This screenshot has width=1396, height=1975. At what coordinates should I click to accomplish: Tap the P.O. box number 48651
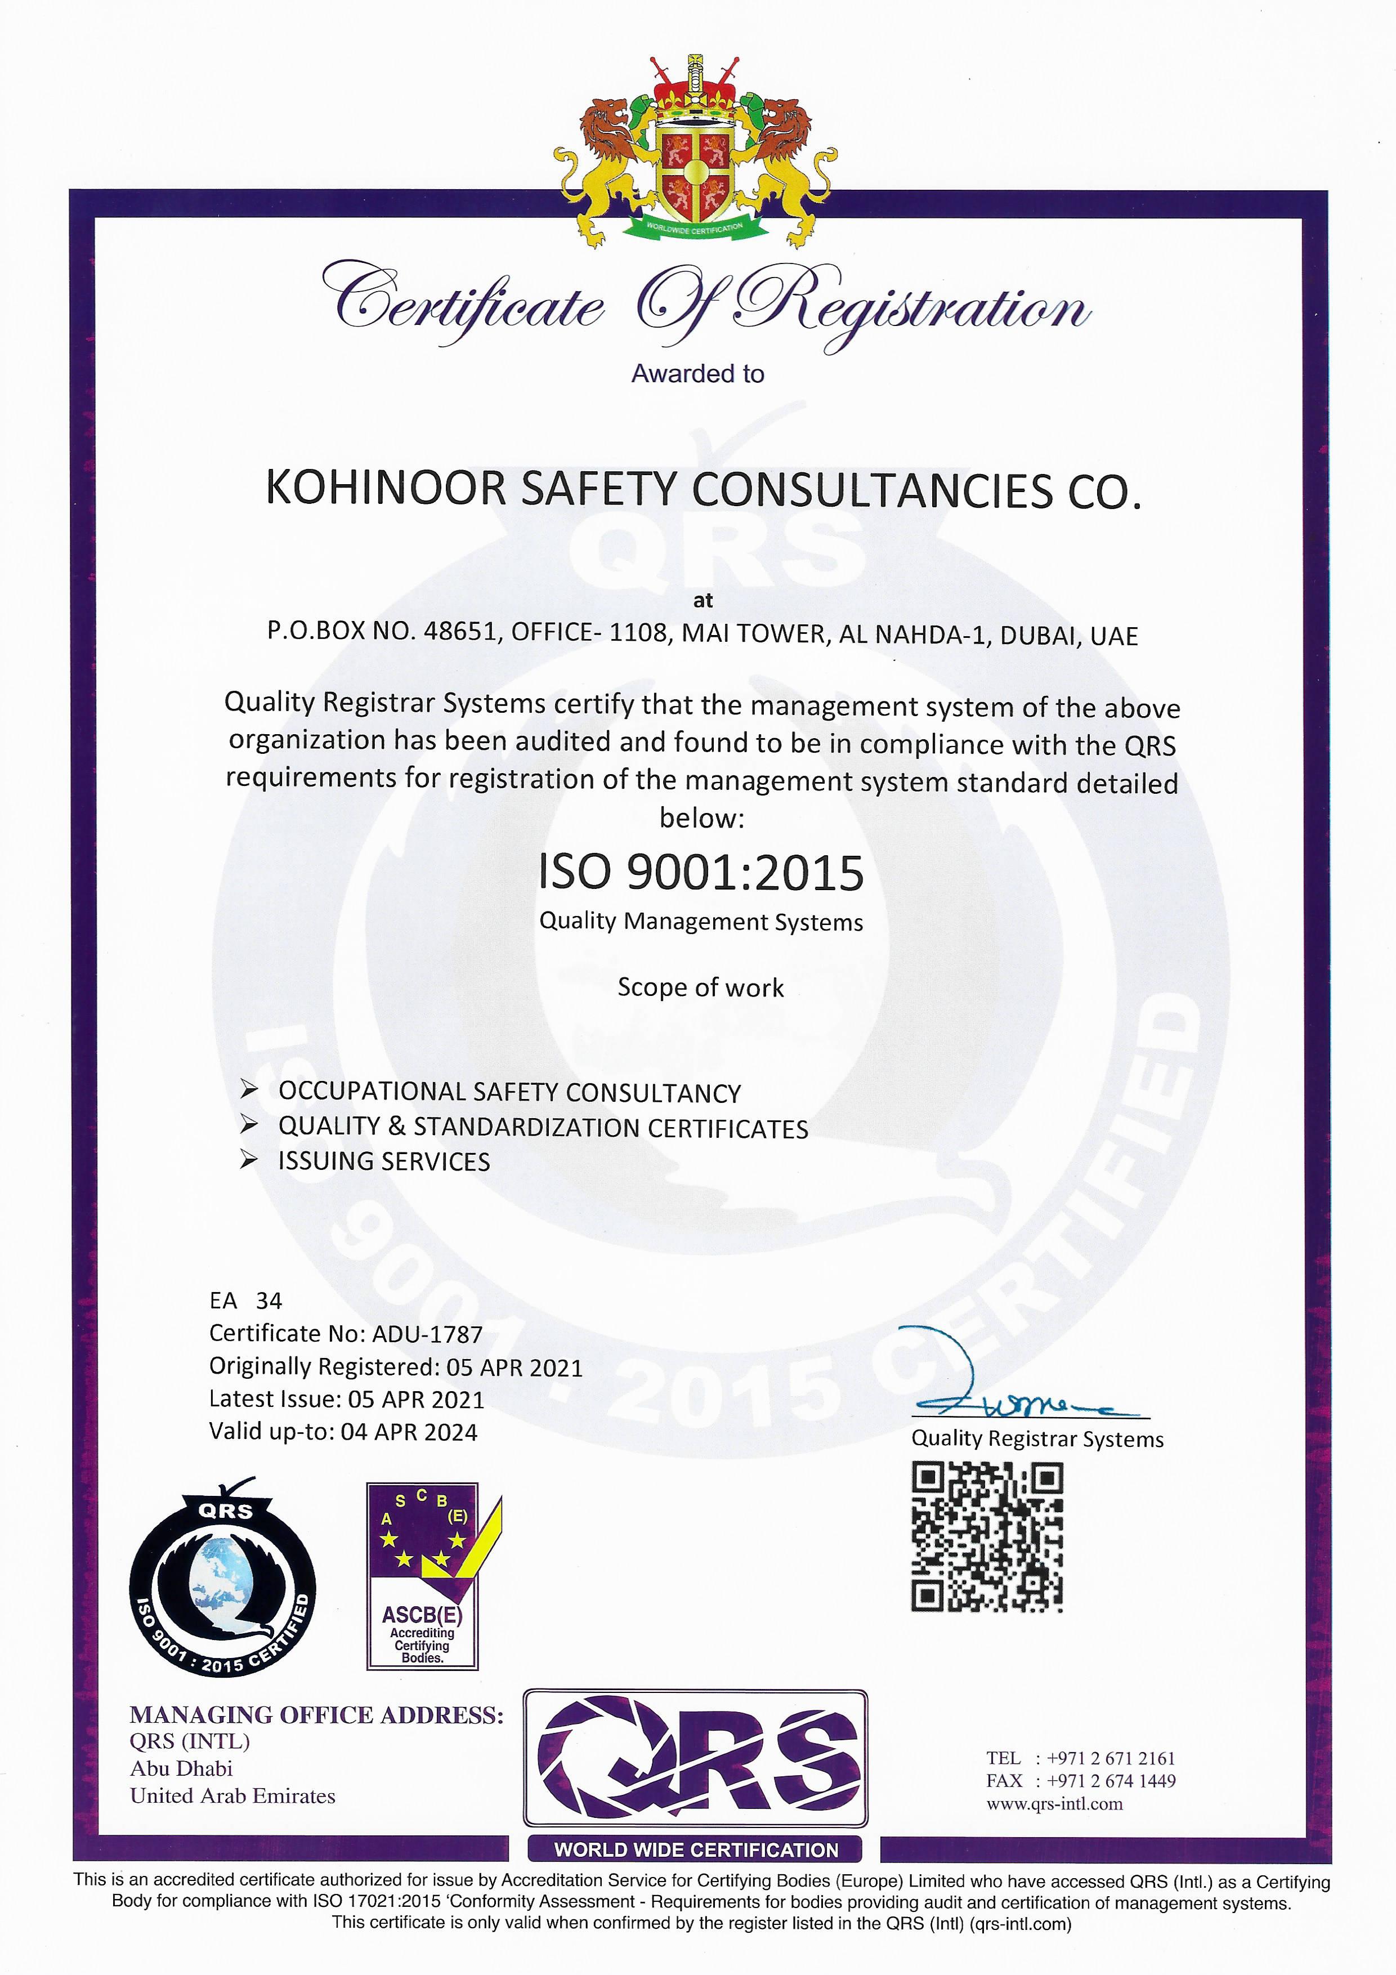461,631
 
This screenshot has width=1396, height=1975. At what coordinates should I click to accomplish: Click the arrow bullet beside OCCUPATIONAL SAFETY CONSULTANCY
249,1090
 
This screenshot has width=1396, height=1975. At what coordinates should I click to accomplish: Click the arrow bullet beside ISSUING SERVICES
249,1160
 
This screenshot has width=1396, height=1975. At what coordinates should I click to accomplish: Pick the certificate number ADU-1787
427,1334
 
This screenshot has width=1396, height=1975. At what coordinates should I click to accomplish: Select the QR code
987,1537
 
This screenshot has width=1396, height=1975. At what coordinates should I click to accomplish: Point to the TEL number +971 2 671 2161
1111,1758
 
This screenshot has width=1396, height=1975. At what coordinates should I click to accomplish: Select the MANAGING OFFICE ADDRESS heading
316,1715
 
